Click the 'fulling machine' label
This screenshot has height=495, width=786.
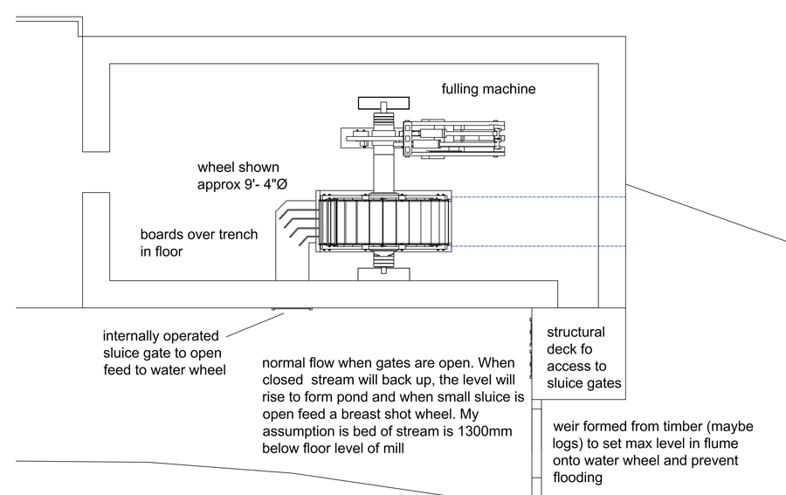(488, 89)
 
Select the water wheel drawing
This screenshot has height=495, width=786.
(384, 224)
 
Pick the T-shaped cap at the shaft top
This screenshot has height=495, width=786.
(383, 103)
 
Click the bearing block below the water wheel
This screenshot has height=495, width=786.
(384, 274)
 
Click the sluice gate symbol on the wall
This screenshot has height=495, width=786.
(292, 309)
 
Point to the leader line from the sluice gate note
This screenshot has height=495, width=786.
(254, 325)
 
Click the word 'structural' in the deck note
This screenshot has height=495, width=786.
(576, 333)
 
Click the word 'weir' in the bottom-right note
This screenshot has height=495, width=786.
(567, 427)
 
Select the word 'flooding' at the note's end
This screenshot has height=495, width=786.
(578, 478)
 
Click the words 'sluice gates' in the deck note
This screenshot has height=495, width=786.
(584, 383)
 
